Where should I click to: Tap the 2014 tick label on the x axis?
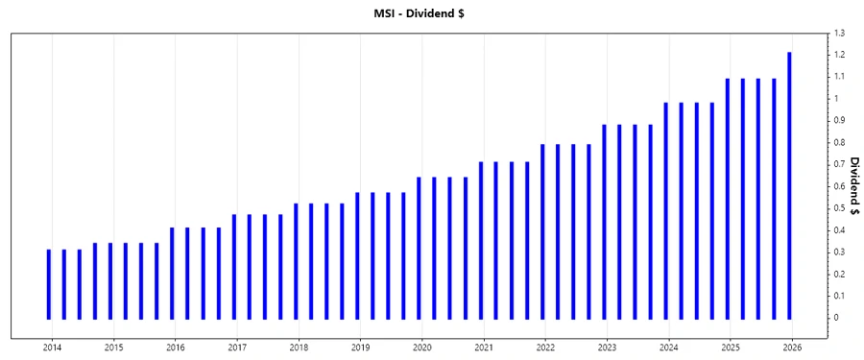[52, 348]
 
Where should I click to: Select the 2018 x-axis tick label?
[299, 348]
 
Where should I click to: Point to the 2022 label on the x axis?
[545, 348]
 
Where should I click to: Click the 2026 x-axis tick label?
[792, 348]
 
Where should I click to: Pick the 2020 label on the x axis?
[422, 348]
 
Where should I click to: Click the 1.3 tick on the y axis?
[839, 34]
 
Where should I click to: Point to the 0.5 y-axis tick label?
[839, 208]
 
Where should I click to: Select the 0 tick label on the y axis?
[836, 318]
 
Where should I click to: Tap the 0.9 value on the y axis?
[839, 121]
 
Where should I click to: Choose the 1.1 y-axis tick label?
[839, 77]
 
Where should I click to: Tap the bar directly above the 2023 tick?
[605, 222]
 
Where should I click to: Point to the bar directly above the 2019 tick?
[357, 255]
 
